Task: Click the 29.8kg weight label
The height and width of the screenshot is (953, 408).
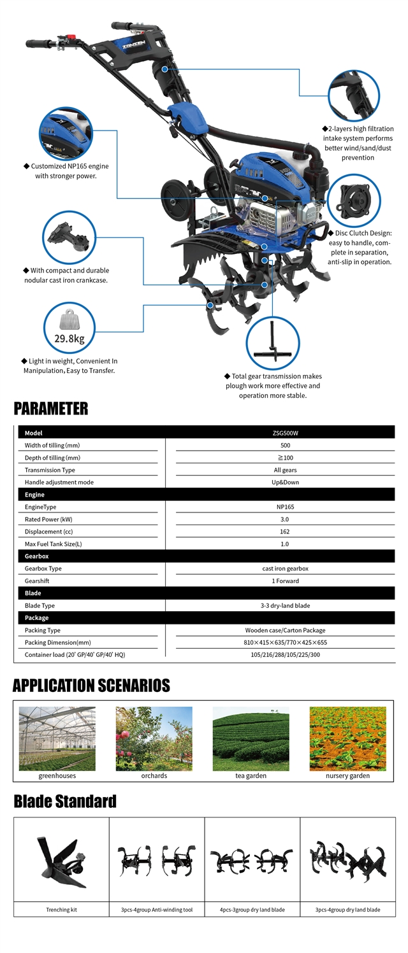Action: pos(69,338)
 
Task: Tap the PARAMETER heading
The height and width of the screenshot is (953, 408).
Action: pos(51,408)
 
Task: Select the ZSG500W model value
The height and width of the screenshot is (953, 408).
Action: pos(284,433)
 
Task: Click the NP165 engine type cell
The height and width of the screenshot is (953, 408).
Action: pos(284,507)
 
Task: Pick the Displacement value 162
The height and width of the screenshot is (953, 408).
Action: pos(284,532)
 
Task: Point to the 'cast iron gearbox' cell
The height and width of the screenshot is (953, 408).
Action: pos(284,568)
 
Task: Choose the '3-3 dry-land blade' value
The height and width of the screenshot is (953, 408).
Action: pos(284,605)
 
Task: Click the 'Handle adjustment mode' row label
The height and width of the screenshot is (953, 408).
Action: pos(59,482)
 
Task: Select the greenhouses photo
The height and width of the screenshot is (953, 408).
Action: pos(57,738)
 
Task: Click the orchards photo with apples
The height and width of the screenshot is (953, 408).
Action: pos(154,738)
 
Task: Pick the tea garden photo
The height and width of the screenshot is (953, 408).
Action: pos(251,738)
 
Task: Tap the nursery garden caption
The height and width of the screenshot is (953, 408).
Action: pos(347,776)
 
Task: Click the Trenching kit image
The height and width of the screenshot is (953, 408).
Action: pos(61,863)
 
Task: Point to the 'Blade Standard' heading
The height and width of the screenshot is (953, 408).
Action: pos(65,801)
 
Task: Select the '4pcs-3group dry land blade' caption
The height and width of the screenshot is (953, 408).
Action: pos(252,910)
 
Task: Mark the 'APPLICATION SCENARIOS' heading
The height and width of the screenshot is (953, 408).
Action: pos(91,686)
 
